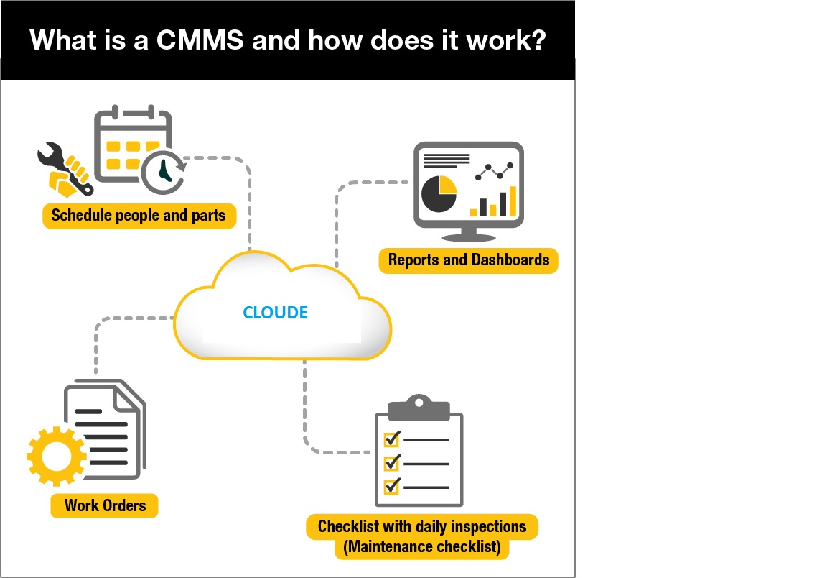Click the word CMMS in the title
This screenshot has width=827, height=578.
click(x=200, y=40)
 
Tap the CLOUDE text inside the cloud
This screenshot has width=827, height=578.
click(x=276, y=312)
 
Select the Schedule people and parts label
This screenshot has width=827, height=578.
click(x=139, y=216)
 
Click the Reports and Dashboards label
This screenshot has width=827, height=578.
click(x=468, y=260)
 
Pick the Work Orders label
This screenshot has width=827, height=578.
click(x=104, y=505)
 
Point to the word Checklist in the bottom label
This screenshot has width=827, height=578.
click(x=348, y=526)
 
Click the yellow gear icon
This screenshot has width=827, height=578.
click(x=57, y=456)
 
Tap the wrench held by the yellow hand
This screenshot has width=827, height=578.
click(x=65, y=168)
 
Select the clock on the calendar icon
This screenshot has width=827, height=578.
click(x=164, y=172)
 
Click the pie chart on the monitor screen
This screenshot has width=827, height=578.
click(x=439, y=194)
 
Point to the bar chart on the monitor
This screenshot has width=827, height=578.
click(x=493, y=201)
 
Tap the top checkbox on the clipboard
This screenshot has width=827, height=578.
click(x=392, y=439)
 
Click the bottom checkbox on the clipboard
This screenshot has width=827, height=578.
click(x=392, y=485)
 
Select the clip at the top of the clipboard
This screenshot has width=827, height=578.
click(x=419, y=408)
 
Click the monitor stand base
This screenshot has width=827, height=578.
click(x=468, y=237)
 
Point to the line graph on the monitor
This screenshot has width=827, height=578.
click(x=494, y=172)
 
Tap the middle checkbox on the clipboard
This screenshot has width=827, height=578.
click(x=392, y=462)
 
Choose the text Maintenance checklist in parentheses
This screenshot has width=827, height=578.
click(x=422, y=546)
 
